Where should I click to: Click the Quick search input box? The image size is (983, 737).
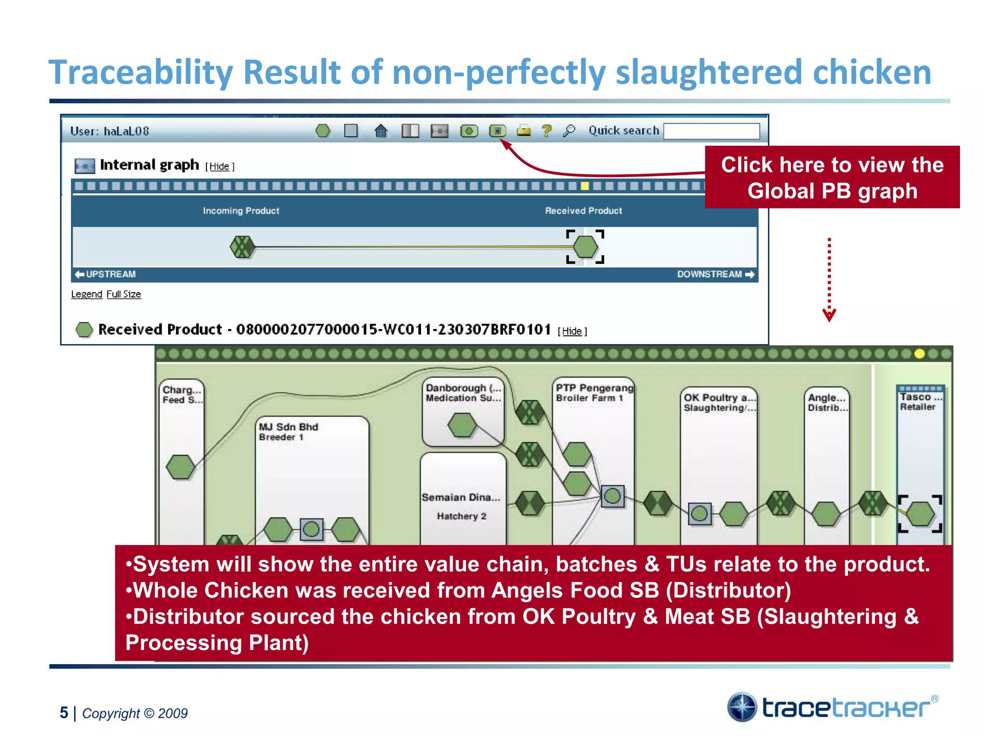click(711, 131)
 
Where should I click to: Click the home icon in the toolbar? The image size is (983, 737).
click(381, 131)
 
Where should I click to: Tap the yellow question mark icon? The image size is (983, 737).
click(546, 131)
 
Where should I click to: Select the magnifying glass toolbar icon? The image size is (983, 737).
click(569, 131)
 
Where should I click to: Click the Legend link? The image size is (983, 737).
click(86, 294)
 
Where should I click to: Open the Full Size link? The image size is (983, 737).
click(124, 294)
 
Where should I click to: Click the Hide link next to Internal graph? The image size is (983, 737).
click(219, 166)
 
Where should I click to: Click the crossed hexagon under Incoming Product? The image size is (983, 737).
click(242, 247)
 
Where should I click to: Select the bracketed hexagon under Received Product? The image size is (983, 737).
click(586, 247)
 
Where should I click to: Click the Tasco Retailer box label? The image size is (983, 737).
click(919, 402)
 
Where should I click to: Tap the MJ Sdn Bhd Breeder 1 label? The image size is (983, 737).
click(288, 431)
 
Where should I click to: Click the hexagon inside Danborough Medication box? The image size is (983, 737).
click(462, 425)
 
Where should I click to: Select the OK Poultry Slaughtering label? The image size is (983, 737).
click(719, 402)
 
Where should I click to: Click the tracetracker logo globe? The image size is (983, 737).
click(742, 707)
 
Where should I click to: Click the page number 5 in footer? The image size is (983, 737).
click(64, 713)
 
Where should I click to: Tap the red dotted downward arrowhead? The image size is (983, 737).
click(829, 316)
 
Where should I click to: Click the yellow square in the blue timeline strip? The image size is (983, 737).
click(585, 186)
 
